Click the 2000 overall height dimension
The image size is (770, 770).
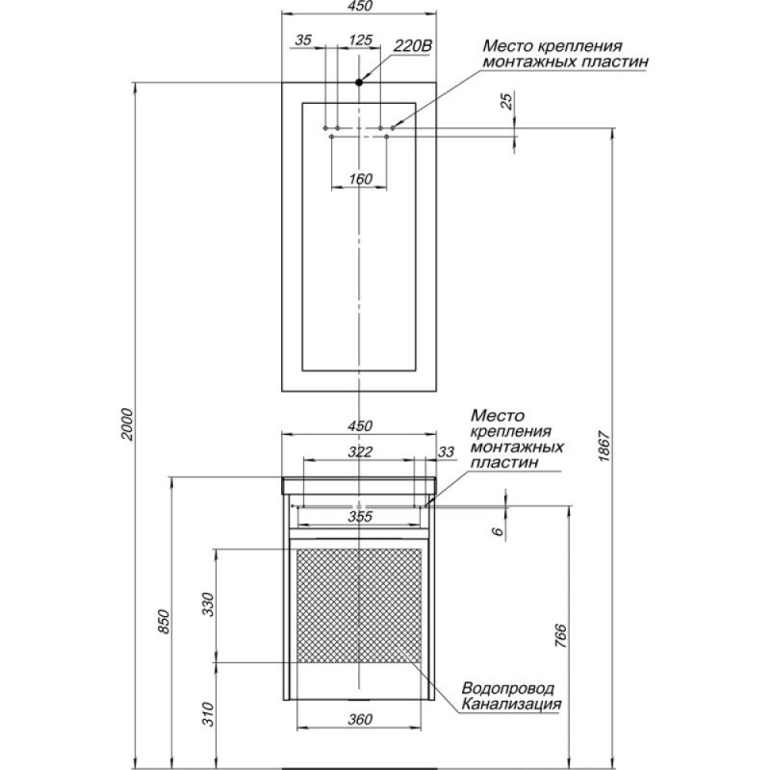tap(128, 423)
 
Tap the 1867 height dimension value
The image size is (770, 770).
tap(603, 446)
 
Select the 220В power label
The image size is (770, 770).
tap(413, 46)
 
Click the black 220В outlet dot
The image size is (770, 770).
tap(359, 83)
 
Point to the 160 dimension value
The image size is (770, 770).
tap(360, 179)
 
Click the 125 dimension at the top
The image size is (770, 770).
tap(361, 39)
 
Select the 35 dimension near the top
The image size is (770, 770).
tap(303, 39)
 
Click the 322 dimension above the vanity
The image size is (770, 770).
tap(360, 451)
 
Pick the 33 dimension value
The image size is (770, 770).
tap(446, 451)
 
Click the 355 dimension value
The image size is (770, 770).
tap(360, 516)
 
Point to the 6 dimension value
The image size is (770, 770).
tap(498, 531)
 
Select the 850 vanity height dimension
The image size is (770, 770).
tap(164, 621)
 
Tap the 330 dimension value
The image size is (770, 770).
tap(209, 604)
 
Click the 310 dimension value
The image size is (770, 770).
tap(209, 714)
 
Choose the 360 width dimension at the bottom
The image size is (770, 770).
tap(360, 719)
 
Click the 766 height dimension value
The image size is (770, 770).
tap(560, 636)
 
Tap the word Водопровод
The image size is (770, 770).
tap(508, 688)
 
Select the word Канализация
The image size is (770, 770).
tap(511, 704)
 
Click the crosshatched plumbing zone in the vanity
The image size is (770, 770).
tap(359, 605)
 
